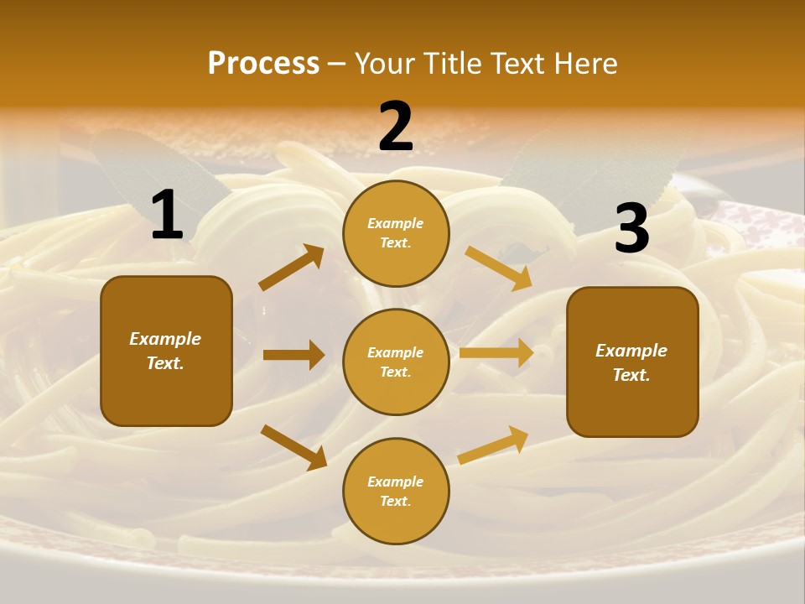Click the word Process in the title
click(263, 64)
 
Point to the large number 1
click(167, 216)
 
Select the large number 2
click(395, 126)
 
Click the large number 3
click(631, 229)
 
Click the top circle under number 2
click(396, 233)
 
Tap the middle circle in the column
click(396, 362)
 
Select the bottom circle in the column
click(396, 491)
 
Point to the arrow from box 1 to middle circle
click(293, 355)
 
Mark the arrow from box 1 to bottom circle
click(293, 447)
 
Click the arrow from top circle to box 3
click(498, 268)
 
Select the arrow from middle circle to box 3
click(496, 352)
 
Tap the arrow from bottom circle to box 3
click(493, 445)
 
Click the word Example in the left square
click(165, 339)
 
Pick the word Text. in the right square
click(631, 375)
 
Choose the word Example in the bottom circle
click(396, 482)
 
